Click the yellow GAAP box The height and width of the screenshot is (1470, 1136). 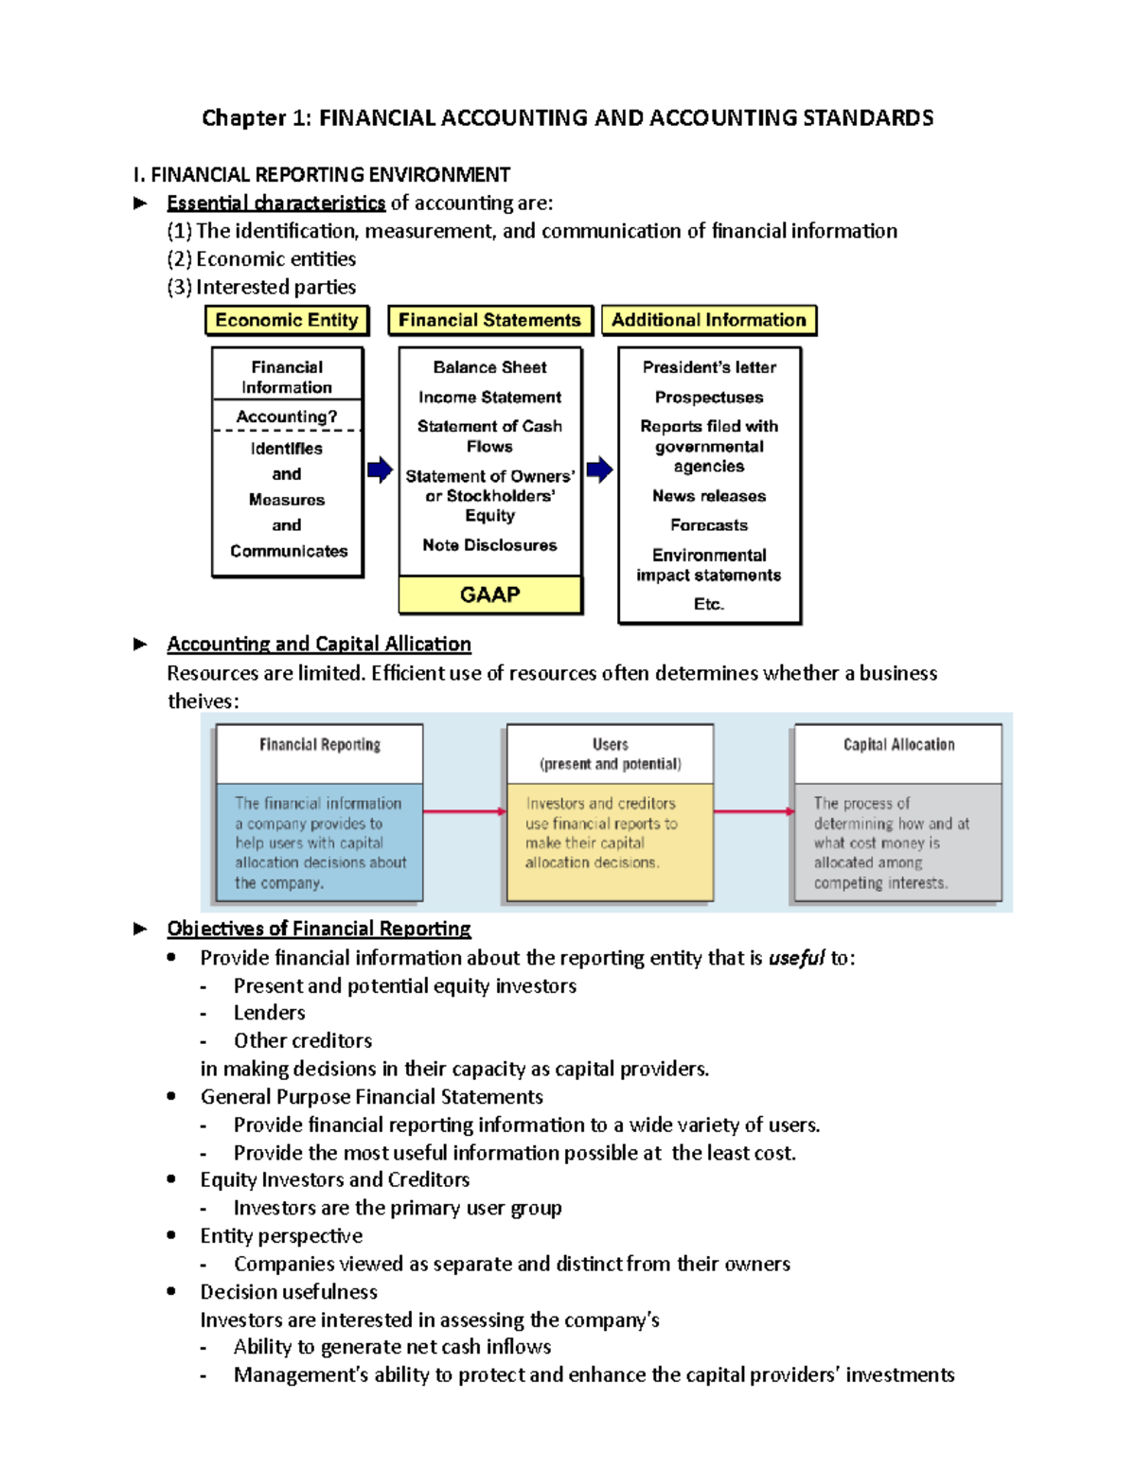point(489,594)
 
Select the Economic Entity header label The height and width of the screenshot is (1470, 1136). point(287,320)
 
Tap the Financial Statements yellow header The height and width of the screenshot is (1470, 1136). point(489,320)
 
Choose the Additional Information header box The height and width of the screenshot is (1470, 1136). point(708,320)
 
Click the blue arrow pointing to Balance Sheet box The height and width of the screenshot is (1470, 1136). point(380,469)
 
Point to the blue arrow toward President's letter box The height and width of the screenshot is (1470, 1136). point(599,469)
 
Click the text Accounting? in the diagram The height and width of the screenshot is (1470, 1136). point(286,416)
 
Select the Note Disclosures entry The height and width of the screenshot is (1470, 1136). point(489,545)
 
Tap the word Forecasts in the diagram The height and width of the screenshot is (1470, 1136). point(708,525)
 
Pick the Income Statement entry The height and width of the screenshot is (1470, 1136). point(489,398)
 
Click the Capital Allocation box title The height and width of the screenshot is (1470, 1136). point(898,745)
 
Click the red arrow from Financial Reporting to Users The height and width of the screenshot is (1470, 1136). point(464,811)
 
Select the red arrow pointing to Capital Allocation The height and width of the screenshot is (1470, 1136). point(754,811)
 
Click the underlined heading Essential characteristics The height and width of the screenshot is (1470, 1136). point(275,204)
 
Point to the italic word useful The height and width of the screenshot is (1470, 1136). point(796,958)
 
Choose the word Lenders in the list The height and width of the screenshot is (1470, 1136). point(270,1013)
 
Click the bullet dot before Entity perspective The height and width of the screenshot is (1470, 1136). point(171,1235)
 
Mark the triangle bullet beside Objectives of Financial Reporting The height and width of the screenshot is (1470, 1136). point(140,929)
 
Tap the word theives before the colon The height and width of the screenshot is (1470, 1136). point(200,701)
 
